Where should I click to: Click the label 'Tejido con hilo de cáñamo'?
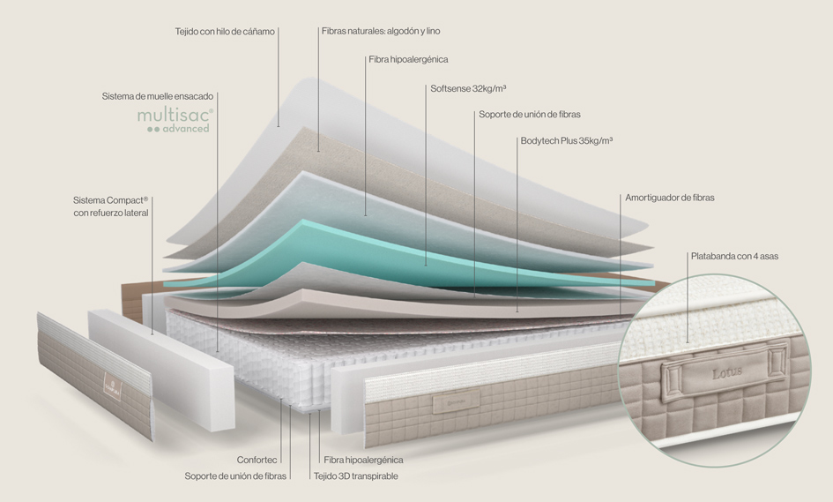click(x=226, y=31)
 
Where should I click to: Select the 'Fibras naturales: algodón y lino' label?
click(x=381, y=31)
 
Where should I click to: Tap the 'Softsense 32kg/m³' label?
click(x=467, y=88)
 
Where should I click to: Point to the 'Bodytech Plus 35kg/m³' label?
click(x=566, y=140)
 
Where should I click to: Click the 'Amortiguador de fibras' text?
click(x=669, y=198)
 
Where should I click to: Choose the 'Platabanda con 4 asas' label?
click(x=734, y=256)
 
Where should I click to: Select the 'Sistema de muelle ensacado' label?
click(x=157, y=95)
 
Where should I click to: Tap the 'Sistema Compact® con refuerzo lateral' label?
click(x=111, y=206)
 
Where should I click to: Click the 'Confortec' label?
click(x=257, y=460)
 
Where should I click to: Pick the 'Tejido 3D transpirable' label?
click(x=355, y=476)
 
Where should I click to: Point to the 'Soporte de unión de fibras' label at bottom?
click(x=235, y=476)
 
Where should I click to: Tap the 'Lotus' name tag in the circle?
click(x=726, y=372)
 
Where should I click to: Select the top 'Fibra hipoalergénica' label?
click(x=407, y=59)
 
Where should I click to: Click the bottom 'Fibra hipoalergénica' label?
click(x=363, y=460)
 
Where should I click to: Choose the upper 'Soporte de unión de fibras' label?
click(x=529, y=114)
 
